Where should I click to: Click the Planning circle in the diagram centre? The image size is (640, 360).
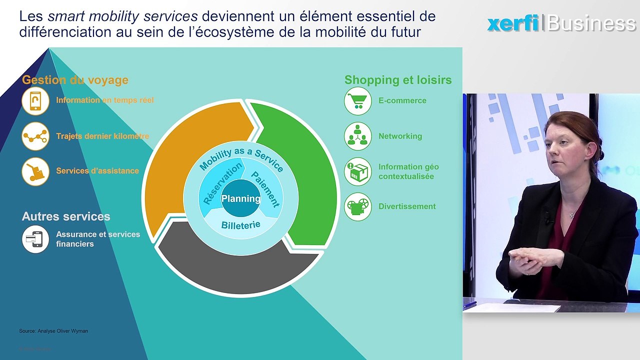[x=240, y=198]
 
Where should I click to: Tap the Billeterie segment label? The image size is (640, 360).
[x=240, y=225]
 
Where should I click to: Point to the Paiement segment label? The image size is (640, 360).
[x=265, y=188]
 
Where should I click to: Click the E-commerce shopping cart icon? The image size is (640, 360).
[x=357, y=100]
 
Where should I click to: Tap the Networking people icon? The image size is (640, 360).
[x=357, y=136]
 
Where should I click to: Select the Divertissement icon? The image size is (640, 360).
[x=357, y=206]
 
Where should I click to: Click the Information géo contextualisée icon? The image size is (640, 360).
[x=357, y=171]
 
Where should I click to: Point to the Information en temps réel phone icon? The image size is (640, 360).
[x=35, y=100]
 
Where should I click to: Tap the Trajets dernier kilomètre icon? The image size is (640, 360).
[x=35, y=136]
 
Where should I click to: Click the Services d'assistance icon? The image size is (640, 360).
[x=35, y=171]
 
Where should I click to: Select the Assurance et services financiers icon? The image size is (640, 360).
[x=35, y=239]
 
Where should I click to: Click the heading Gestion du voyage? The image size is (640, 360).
[x=75, y=80]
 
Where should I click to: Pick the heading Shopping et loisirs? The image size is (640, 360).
[x=398, y=80]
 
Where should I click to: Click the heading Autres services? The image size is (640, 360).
[x=66, y=216]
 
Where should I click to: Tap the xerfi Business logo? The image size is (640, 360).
[x=561, y=23]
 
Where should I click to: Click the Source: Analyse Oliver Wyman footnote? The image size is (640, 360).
[x=53, y=331]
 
